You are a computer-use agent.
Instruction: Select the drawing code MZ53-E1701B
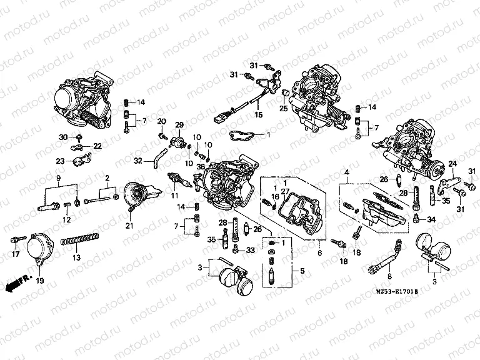tap(396, 291)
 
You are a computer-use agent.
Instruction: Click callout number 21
tap(129, 225)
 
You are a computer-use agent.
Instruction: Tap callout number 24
tap(453, 164)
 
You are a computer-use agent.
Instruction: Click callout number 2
tap(107, 178)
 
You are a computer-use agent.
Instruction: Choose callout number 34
tap(431, 220)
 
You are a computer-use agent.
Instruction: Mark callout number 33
tap(250, 250)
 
